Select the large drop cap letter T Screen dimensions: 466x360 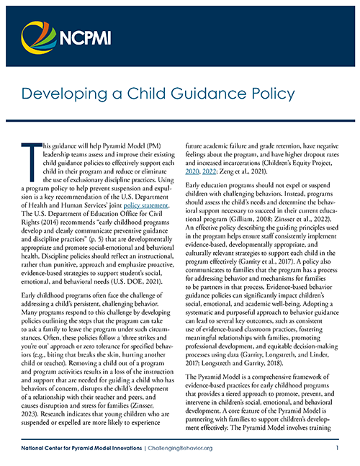(x=30, y=163)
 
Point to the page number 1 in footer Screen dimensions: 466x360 (x=336, y=447)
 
